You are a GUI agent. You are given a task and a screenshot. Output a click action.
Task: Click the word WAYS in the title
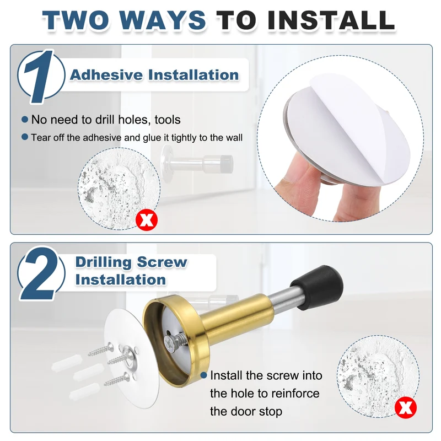(163, 20)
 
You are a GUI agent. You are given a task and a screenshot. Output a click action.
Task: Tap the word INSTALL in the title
(332, 20)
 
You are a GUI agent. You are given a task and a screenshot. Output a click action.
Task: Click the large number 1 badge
(40, 76)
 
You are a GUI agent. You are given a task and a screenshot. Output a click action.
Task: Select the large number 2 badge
(41, 273)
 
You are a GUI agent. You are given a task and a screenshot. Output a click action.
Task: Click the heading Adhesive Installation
(154, 75)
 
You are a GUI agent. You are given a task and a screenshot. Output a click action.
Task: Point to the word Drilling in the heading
(104, 262)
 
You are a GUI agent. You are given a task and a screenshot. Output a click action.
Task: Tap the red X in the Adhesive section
(147, 220)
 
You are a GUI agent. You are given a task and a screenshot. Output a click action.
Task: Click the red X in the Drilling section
(406, 407)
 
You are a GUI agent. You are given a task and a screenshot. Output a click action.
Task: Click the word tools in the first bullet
(168, 120)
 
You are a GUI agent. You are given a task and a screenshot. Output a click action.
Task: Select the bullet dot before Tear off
(25, 137)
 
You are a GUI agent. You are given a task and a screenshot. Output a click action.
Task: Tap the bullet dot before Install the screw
(204, 375)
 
